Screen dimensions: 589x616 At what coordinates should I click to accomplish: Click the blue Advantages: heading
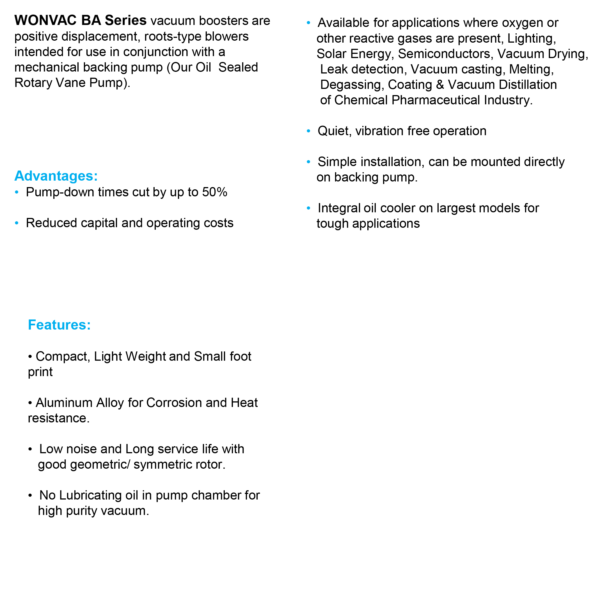pos(56,176)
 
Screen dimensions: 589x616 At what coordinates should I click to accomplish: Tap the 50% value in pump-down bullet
pos(215,192)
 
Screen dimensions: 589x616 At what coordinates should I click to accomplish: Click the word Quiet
pos(334,131)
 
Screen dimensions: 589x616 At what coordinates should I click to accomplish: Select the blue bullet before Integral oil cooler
pos(308,208)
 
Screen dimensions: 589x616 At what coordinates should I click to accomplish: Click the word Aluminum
pos(64,402)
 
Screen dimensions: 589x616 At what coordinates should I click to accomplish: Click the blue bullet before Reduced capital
pos(17,223)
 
